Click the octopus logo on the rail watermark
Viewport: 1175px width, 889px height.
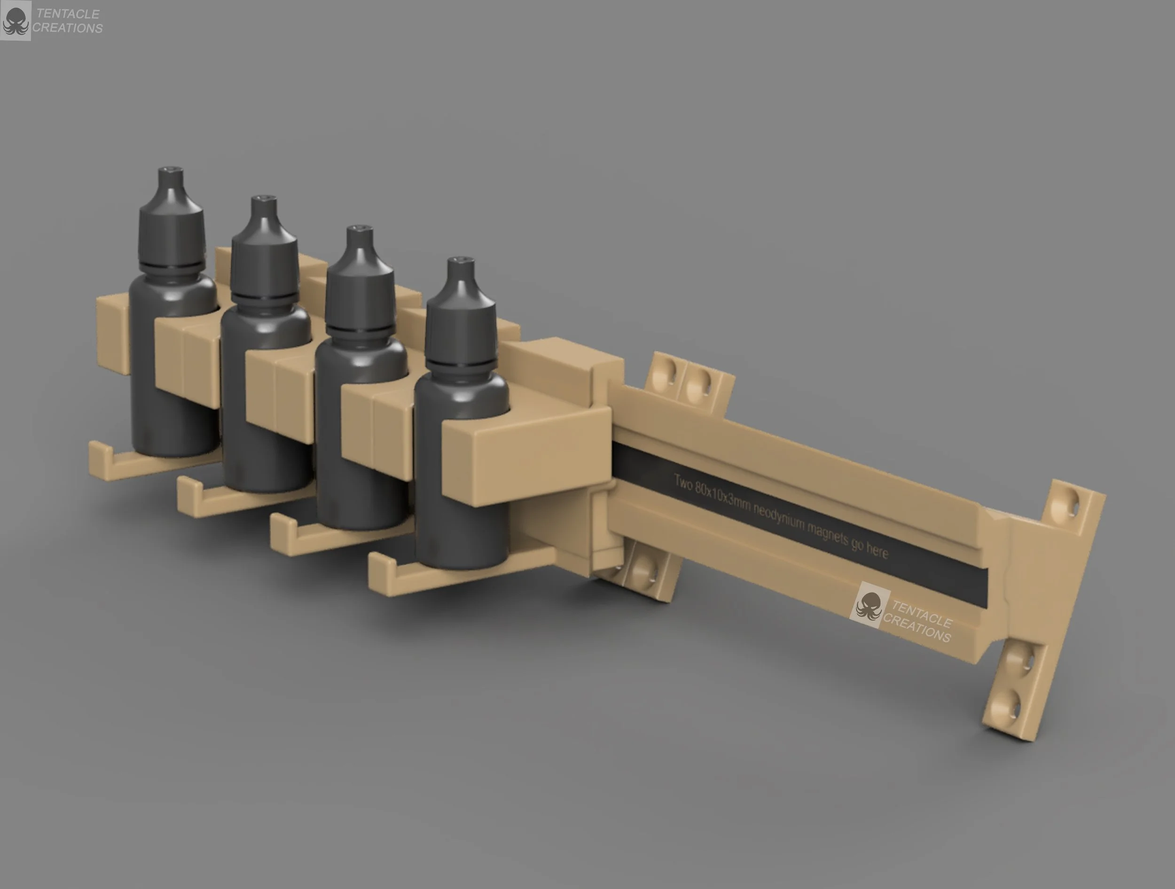click(869, 607)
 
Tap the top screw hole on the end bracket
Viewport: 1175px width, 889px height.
click(1069, 502)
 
